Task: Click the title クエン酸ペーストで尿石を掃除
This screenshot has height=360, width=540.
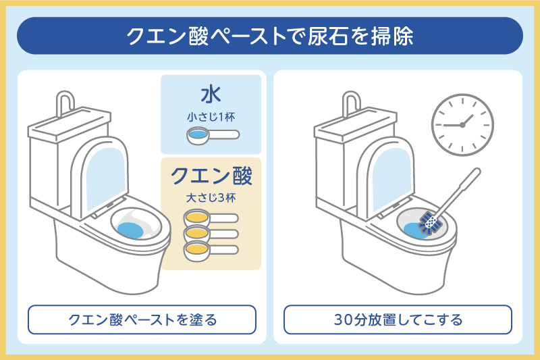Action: click(270, 36)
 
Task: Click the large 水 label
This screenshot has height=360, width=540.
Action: click(211, 93)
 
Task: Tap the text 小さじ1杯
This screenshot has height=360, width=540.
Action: click(211, 115)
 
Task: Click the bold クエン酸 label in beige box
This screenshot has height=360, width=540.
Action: click(211, 176)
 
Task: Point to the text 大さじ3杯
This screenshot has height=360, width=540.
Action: click(211, 199)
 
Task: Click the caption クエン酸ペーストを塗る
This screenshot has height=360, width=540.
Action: click(142, 319)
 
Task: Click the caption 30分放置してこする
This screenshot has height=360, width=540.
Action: click(398, 319)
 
